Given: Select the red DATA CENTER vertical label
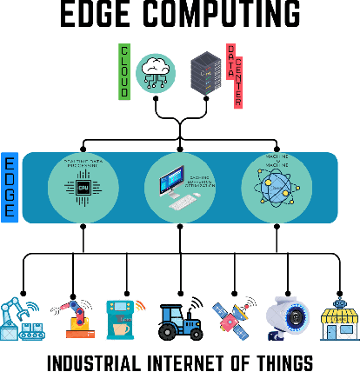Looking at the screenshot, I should (233, 76).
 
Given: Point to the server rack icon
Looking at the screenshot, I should (204, 70).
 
